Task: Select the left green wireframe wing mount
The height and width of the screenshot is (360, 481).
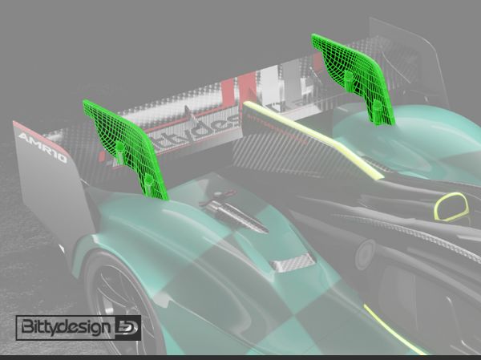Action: tap(124, 148)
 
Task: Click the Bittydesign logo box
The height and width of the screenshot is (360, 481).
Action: tap(78, 327)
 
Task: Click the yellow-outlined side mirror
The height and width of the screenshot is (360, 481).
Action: tap(451, 208)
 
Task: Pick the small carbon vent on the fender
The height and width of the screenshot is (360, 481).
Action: tap(292, 262)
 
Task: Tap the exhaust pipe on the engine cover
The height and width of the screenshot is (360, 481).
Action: tap(236, 215)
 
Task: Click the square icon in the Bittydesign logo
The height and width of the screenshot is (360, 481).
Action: tap(128, 327)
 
